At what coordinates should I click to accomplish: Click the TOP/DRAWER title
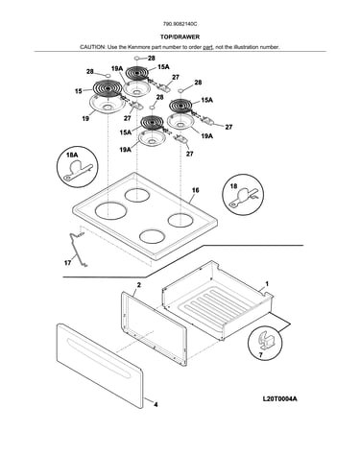(180, 36)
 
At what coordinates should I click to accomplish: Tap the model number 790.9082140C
(180, 24)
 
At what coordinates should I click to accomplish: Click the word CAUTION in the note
(92, 47)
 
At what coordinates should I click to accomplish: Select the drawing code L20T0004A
(279, 398)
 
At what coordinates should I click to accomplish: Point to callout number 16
(195, 190)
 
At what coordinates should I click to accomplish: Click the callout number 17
(67, 263)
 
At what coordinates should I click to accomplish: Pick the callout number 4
(156, 405)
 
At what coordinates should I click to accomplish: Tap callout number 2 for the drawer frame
(138, 285)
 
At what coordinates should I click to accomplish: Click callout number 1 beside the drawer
(267, 284)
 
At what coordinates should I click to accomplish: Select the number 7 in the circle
(260, 355)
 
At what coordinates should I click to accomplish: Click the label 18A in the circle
(72, 155)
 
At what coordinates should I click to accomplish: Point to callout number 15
(79, 91)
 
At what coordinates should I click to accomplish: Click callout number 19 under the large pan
(85, 119)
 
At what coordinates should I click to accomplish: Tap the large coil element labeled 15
(108, 87)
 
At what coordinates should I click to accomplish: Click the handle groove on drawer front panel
(99, 357)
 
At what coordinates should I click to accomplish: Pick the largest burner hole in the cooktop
(110, 211)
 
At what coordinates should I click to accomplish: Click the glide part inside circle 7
(266, 340)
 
